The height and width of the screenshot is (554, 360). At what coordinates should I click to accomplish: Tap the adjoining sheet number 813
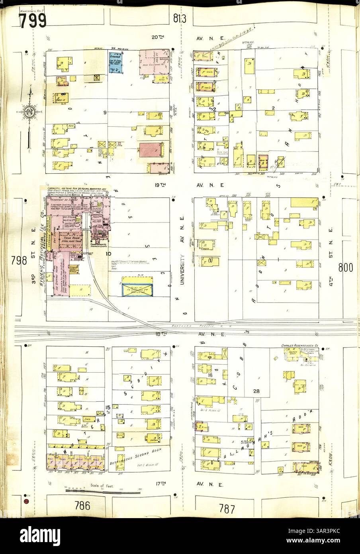[x=180, y=18]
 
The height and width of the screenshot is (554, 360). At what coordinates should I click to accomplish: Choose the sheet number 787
[x=227, y=509]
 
